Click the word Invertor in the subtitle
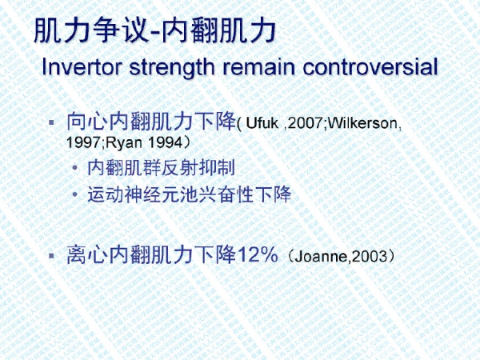(82, 66)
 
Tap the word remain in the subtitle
(258, 66)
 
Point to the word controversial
(370, 66)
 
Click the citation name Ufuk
(262, 123)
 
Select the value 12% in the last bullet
(258, 254)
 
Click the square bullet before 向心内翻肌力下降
(51, 122)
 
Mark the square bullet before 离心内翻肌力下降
(51, 255)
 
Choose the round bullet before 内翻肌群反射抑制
(75, 168)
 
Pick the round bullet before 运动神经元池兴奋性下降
(75, 194)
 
